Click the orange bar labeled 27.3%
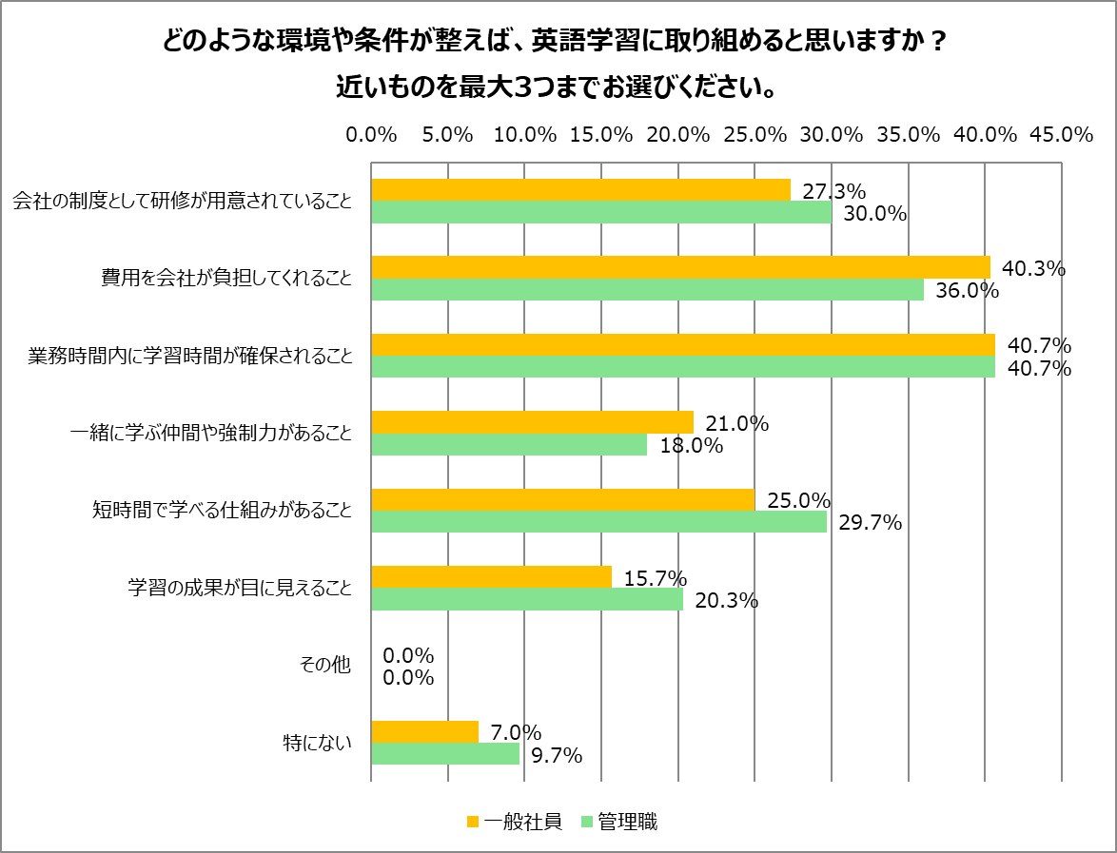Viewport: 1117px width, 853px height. (x=580, y=190)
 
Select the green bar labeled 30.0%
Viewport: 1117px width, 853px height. (x=601, y=212)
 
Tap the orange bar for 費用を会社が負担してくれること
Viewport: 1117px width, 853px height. (x=680, y=267)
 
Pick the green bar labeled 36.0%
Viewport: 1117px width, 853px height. (x=647, y=289)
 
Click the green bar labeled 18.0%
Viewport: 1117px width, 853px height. (x=509, y=444)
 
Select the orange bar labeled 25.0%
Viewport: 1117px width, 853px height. (x=562, y=499)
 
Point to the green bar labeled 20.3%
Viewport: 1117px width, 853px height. (x=527, y=599)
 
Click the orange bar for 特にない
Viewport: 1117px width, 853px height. (x=424, y=731)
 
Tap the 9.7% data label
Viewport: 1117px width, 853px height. (x=557, y=755)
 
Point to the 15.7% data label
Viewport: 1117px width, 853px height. (x=656, y=578)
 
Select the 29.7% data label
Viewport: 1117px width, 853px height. (x=870, y=522)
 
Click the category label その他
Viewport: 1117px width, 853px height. (x=327, y=666)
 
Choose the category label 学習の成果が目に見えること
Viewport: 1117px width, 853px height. (x=240, y=588)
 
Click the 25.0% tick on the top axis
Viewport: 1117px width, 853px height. (x=754, y=135)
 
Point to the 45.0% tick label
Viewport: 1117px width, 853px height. (x=1061, y=135)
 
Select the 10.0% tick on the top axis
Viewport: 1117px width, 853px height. (x=524, y=135)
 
